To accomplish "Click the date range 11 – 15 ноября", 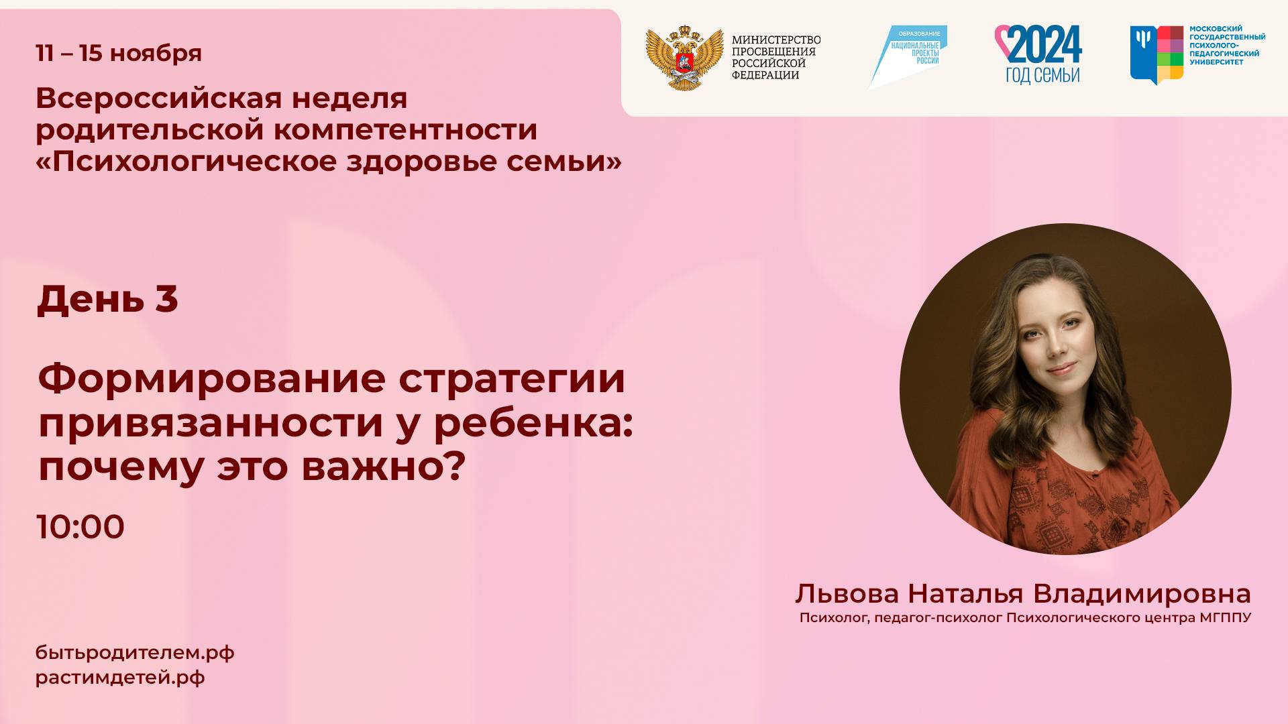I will pyautogui.click(x=119, y=53).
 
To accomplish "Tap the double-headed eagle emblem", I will pyautogui.click(x=684, y=58).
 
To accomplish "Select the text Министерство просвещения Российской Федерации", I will pyautogui.click(x=775, y=58).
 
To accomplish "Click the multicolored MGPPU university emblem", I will pyautogui.click(x=1157, y=54).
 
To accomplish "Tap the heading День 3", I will pyautogui.click(x=107, y=299).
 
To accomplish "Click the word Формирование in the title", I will pyautogui.click(x=211, y=379).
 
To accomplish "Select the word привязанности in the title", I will pyautogui.click(x=211, y=423).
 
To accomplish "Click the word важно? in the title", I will pyautogui.click(x=383, y=467).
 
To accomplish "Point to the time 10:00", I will pyautogui.click(x=80, y=527).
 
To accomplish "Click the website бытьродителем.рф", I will pyautogui.click(x=135, y=652).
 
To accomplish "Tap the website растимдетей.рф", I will pyautogui.click(x=120, y=678).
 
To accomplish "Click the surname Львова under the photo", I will pyautogui.click(x=847, y=594).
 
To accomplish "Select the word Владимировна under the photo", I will pyautogui.click(x=1142, y=594).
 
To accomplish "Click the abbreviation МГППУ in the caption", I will pyautogui.click(x=1225, y=617).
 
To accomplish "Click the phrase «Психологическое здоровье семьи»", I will pyautogui.click(x=329, y=161).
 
